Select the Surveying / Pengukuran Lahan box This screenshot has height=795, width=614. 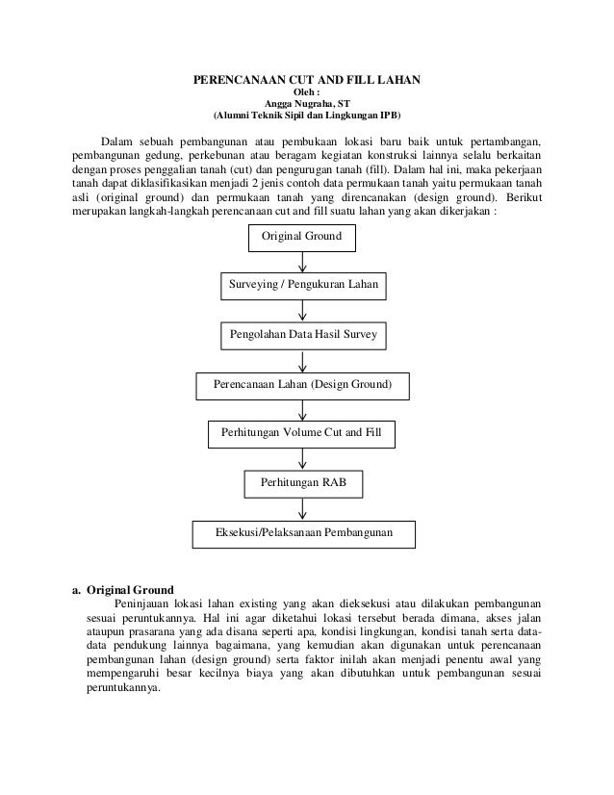pos(304,287)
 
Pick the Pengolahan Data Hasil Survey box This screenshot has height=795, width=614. pos(303,335)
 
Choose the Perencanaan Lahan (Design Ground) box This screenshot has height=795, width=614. pos(302,385)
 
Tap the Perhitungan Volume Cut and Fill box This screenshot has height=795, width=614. pos(302,434)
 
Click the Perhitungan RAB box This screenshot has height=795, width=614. pos(302,481)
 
